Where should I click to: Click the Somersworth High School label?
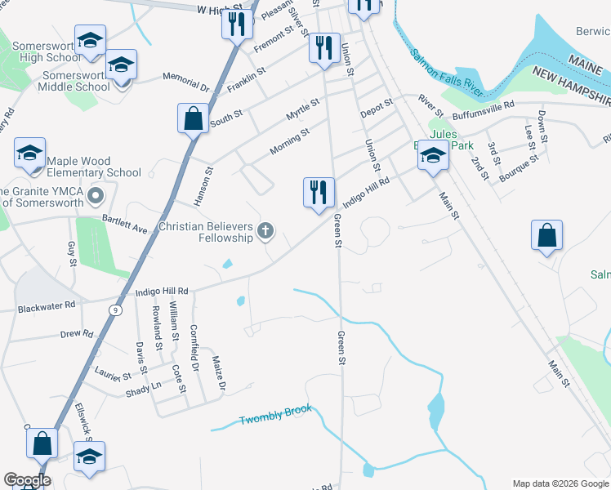pos(51,57)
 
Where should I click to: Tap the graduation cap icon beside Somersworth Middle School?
pos(121,65)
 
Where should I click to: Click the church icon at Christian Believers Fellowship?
pos(265,232)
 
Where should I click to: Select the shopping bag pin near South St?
pos(193,118)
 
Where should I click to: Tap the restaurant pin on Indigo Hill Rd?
pos(318,193)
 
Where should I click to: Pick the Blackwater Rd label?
pos(47,305)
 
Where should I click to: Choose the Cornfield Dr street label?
pos(195,336)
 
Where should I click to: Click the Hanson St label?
pos(203,185)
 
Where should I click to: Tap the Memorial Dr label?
pos(186,82)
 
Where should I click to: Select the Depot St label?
pos(377,108)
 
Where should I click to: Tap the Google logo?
pos(26,480)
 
